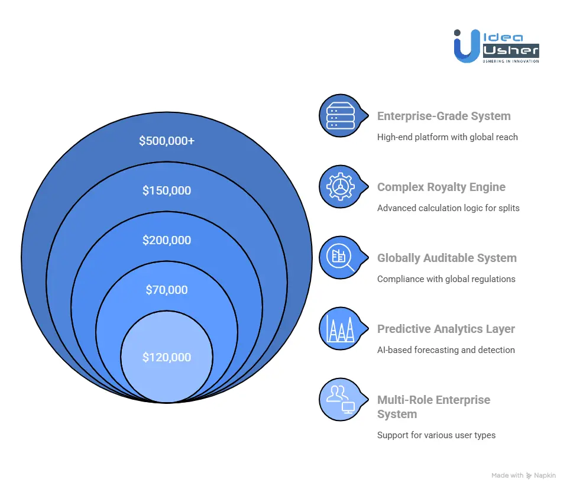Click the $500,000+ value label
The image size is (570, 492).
pos(167,141)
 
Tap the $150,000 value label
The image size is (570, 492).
pos(167,190)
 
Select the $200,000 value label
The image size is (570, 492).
pos(167,240)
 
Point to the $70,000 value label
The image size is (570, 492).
pos(167,290)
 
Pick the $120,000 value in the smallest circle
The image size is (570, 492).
pos(167,357)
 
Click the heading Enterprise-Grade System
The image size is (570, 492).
pos(443,116)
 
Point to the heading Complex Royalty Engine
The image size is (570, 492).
pos(441,187)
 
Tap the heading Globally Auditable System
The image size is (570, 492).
pos(446,258)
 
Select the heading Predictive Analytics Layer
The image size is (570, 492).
pos(446,329)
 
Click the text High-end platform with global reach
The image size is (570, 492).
pos(447,137)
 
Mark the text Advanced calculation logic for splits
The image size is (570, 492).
pos(448,208)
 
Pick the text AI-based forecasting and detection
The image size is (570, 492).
pos(446,350)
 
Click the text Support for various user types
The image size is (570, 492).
pos(436,435)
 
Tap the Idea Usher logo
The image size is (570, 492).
pos(496,46)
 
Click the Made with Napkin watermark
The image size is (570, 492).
pos(523,475)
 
